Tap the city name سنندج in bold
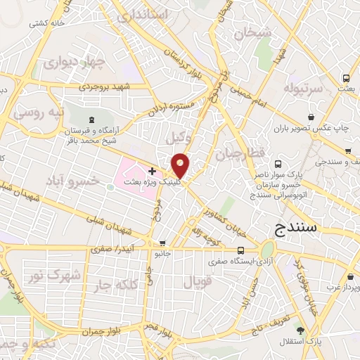tap(294, 229)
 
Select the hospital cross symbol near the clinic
tap(153, 171)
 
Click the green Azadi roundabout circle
tap(268, 250)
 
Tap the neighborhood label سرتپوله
tap(302, 89)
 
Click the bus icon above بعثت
tap(346, 78)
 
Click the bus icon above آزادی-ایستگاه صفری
tap(241, 250)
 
